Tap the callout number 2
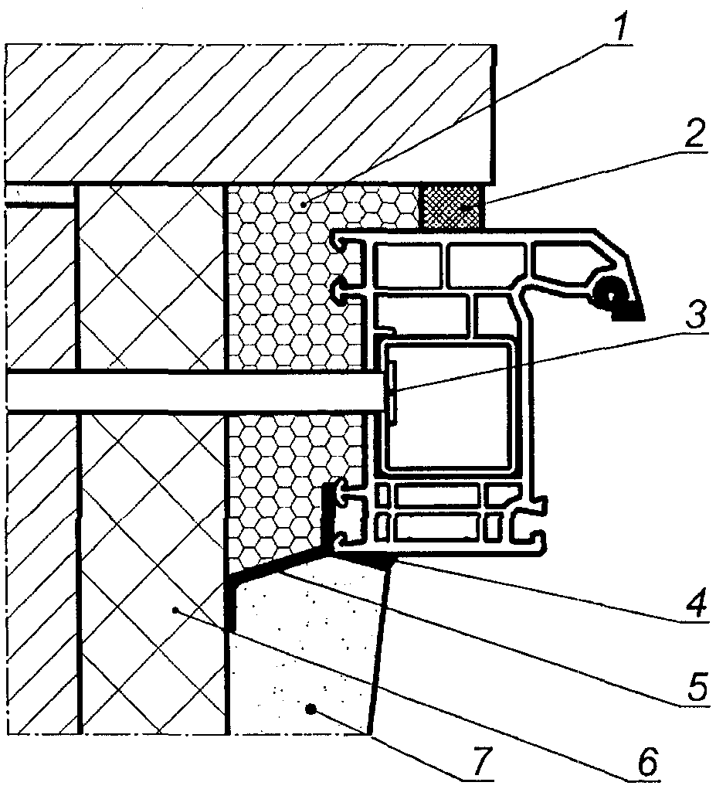point(694,131)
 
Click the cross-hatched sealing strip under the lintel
point(452,206)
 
